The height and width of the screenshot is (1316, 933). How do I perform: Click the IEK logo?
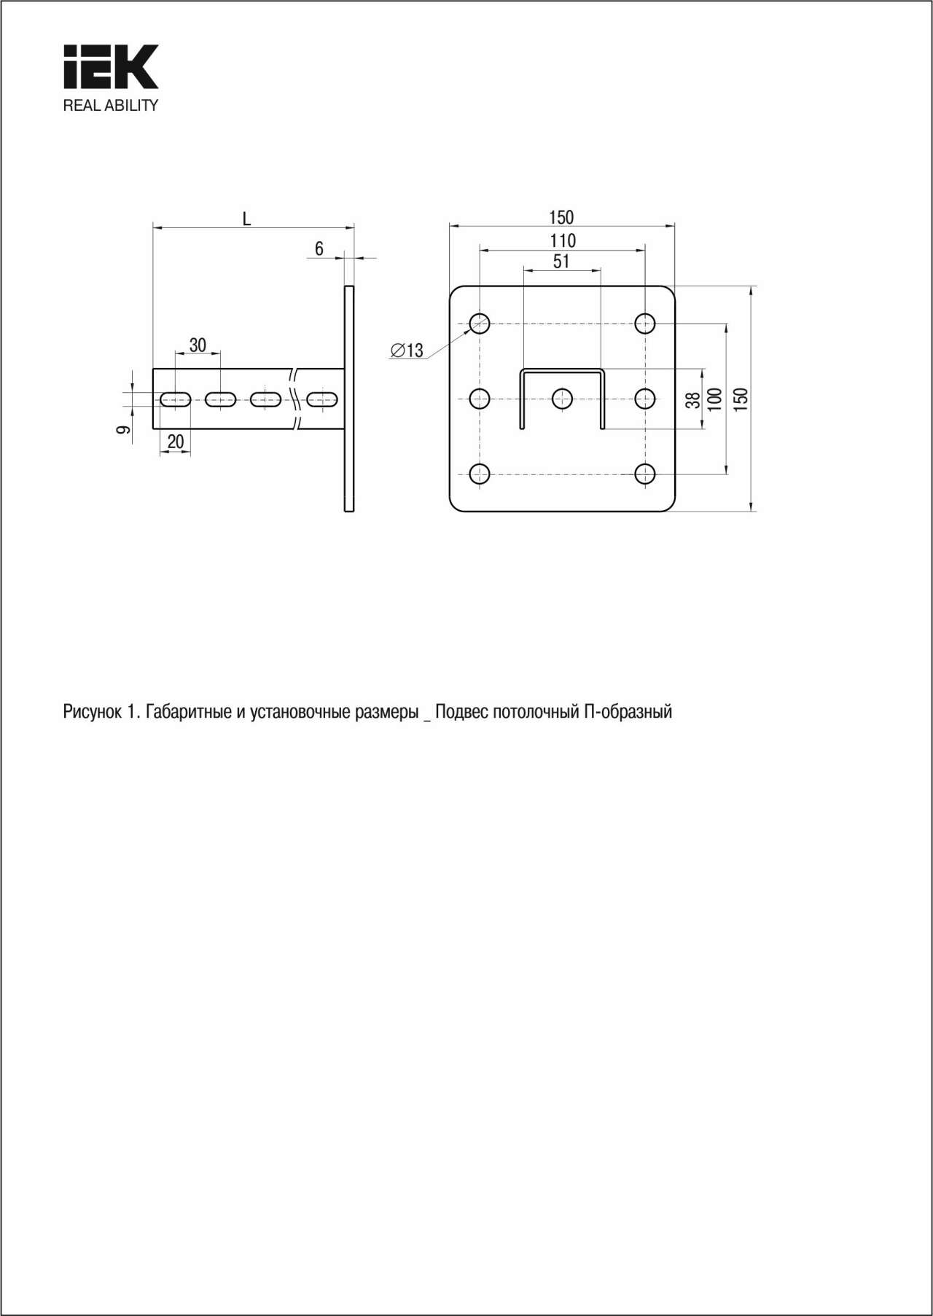[111, 67]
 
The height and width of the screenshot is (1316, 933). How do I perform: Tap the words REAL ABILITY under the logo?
[111, 105]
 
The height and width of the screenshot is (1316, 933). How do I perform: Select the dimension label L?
[247, 219]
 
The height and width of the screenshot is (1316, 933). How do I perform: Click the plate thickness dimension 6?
[319, 249]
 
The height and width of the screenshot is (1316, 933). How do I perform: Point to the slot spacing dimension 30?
[198, 345]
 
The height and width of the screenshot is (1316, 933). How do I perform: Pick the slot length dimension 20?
[176, 441]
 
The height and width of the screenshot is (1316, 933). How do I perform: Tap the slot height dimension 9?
[124, 430]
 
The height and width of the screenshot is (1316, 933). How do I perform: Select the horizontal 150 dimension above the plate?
[561, 217]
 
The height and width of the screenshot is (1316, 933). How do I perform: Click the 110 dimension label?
[563, 240]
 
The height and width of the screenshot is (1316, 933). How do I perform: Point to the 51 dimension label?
[561, 262]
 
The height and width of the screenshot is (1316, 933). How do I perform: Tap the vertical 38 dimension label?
[692, 399]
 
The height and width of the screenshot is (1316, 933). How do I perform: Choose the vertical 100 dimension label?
[715, 399]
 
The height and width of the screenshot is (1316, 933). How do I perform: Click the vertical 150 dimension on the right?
[741, 399]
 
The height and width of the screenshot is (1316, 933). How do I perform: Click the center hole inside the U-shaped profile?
[562, 399]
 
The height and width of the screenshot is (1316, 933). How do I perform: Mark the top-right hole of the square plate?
[645, 323]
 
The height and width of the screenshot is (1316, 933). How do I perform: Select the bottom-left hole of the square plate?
[479, 474]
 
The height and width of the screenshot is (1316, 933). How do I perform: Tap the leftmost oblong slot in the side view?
[176, 399]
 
